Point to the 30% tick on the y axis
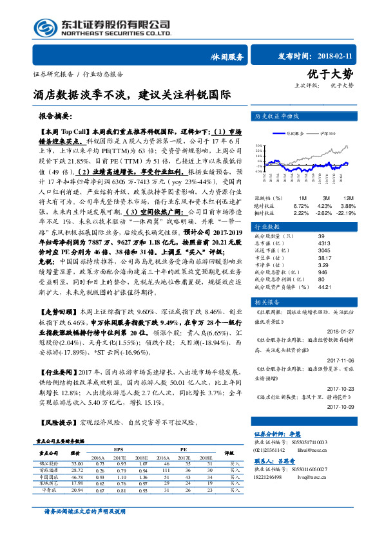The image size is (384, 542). [x=258, y=145]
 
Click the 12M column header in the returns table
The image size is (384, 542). [x=348, y=197]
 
